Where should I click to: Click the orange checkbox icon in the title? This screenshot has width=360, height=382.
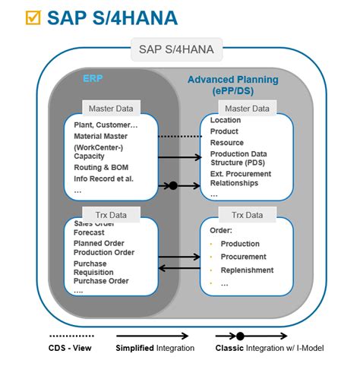[x=33, y=17]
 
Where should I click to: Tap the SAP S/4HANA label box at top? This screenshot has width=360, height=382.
[x=176, y=51]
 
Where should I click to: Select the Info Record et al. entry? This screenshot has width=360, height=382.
[x=104, y=179]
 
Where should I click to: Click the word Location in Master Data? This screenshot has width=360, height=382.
[x=226, y=121]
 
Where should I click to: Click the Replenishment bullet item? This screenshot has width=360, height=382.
[x=247, y=270]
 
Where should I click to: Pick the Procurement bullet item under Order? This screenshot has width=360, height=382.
[x=243, y=257]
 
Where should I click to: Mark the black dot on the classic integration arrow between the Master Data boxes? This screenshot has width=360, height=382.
[x=172, y=185]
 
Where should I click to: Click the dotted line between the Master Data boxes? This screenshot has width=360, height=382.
[x=178, y=136]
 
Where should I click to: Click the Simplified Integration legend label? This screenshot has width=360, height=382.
[x=155, y=348]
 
